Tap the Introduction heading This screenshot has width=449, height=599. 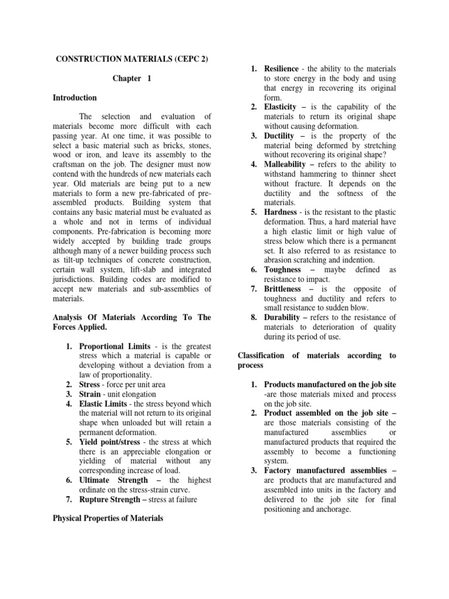(75, 98)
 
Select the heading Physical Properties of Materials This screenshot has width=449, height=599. (109, 518)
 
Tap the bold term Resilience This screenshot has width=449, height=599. (281, 69)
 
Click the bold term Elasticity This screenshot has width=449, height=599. (282, 107)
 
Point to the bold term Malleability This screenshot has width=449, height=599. (287, 164)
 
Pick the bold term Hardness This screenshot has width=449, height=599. (281, 212)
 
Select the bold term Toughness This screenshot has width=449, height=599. (282, 270)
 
